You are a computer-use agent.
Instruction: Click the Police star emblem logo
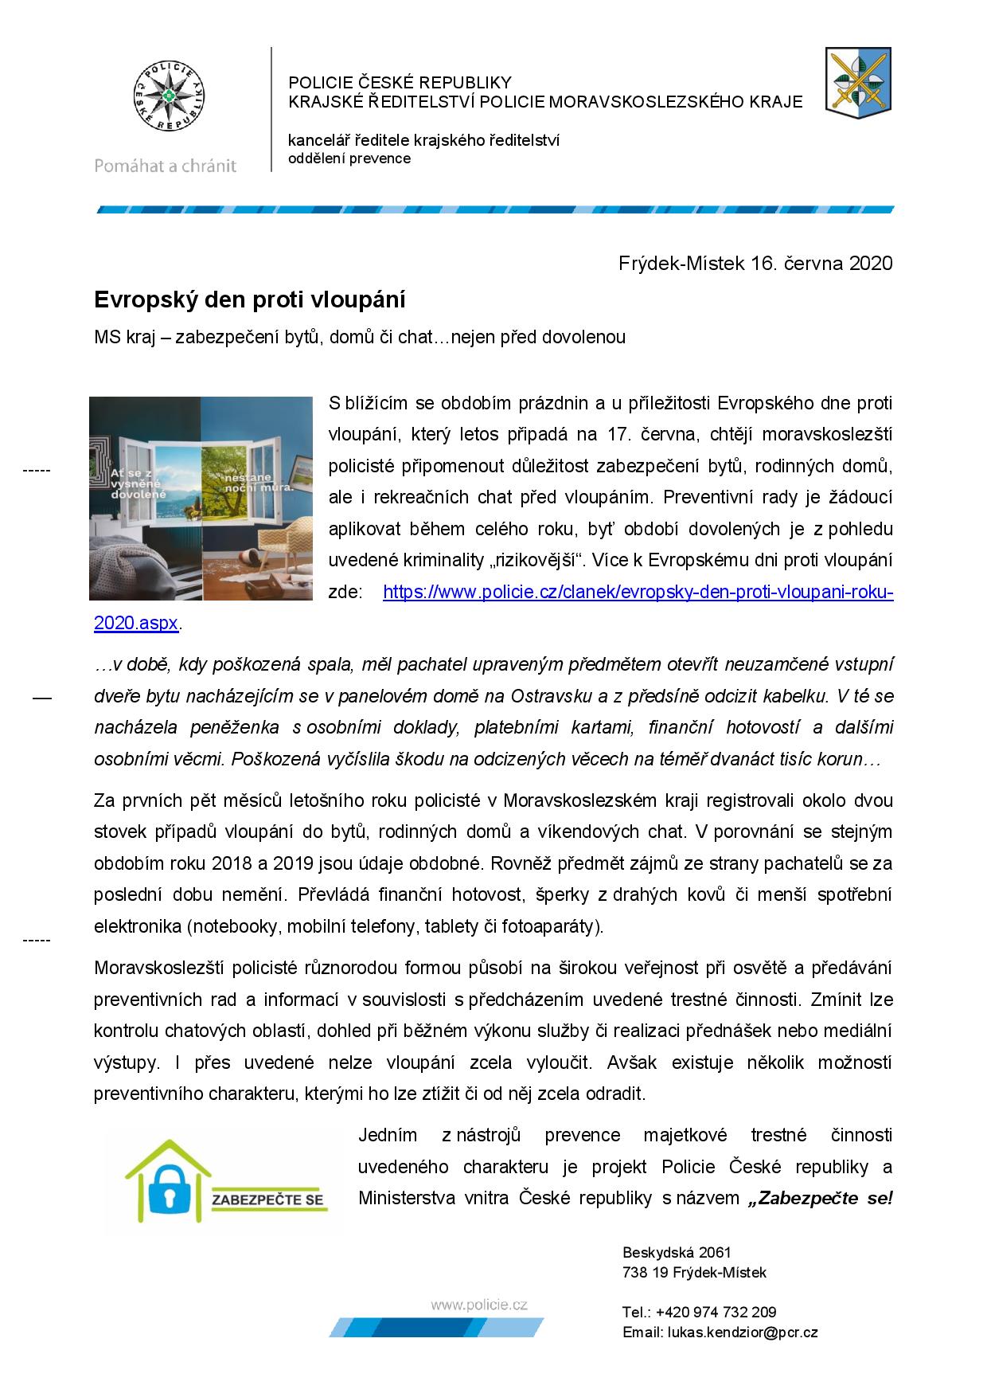click(166, 98)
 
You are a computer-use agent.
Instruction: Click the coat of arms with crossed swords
click(857, 80)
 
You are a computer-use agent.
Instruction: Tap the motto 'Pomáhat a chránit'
click(166, 166)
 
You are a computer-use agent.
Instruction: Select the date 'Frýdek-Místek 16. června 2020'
click(755, 264)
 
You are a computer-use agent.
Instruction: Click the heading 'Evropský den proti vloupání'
click(250, 300)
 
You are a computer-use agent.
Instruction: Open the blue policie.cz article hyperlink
click(638, 593)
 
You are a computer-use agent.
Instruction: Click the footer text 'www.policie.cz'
click(479, 1305)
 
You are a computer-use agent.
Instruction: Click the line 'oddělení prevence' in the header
click(349, 158)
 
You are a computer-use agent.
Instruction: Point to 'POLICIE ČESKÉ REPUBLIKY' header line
click(400, 83)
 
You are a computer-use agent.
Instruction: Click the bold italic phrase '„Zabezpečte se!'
click(820, 1198)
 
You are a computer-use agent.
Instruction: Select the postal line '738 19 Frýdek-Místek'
click(694, 1273)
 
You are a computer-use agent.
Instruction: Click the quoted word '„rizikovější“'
click(533, 561)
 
